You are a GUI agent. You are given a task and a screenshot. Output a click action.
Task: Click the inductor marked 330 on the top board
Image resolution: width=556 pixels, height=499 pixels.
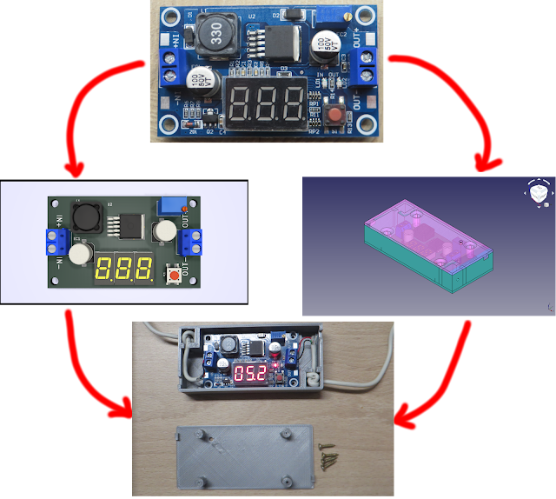point(216,35)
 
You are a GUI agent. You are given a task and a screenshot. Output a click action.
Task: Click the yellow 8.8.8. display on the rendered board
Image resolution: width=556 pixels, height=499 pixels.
point(124,268)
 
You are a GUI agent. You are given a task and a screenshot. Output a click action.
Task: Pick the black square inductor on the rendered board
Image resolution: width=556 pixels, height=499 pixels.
point(88,215)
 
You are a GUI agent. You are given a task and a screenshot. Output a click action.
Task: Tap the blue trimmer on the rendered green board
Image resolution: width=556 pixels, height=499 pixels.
point(168,205)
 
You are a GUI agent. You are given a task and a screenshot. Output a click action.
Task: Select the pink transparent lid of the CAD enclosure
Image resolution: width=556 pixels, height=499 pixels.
point(408,222)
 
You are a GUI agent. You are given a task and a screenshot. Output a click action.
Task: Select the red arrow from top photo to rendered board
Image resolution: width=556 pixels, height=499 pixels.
point(96,104)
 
